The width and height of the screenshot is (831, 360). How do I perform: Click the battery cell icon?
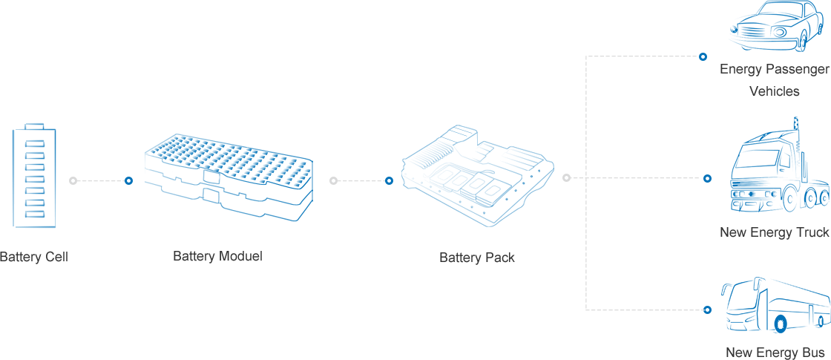34,176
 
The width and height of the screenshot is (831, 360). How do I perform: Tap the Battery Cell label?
33,257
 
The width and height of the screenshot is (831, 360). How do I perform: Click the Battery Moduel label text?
217,256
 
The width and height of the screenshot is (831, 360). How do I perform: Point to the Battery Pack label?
476,258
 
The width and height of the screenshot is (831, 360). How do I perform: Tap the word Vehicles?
774,91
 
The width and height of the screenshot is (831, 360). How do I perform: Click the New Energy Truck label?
774,232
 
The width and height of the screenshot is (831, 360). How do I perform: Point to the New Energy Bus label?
775,352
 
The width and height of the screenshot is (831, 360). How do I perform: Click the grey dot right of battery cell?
73,180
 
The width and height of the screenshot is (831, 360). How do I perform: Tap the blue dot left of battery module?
128,180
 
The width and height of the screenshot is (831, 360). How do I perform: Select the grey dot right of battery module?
333,180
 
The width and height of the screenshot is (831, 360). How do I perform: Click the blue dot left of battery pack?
389,180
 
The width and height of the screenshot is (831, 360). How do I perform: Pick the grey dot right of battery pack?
567,178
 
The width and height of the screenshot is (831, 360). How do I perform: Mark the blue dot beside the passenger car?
703,56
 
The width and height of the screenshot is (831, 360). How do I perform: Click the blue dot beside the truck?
707,178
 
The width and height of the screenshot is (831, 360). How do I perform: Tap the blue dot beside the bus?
707,310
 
